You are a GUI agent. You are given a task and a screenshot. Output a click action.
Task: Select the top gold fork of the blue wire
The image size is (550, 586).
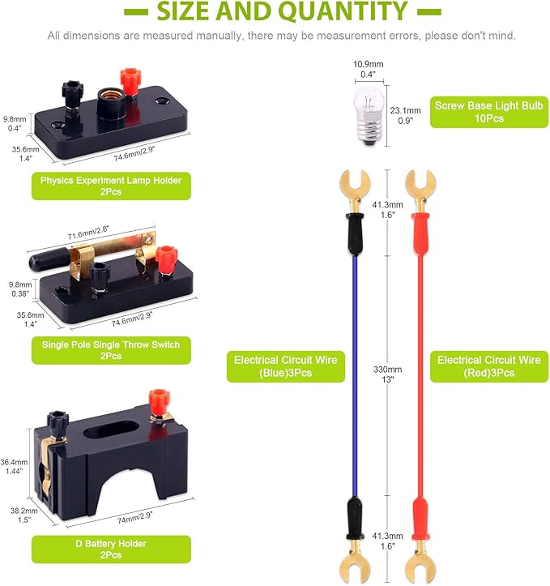[354, 189]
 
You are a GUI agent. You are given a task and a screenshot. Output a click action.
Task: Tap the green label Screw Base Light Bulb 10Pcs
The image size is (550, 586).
[488, 112]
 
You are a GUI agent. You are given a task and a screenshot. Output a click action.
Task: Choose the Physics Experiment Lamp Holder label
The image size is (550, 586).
[111, 186]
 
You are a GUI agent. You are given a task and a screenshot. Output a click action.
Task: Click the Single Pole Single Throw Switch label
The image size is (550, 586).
[111, 350]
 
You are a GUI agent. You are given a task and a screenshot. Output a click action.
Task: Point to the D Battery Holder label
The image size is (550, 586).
[111, 549]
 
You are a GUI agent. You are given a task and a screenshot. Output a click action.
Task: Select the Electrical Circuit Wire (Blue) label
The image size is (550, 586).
[286, 366]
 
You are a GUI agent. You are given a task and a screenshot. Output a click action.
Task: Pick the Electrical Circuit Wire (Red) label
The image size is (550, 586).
[489, 366]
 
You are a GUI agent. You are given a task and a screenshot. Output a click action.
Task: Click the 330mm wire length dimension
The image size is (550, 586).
[387, 374]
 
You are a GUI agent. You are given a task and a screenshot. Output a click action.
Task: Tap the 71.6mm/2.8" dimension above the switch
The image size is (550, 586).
[88, 233]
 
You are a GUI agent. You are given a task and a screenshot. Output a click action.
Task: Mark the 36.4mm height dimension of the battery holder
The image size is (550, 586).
[15, 466]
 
